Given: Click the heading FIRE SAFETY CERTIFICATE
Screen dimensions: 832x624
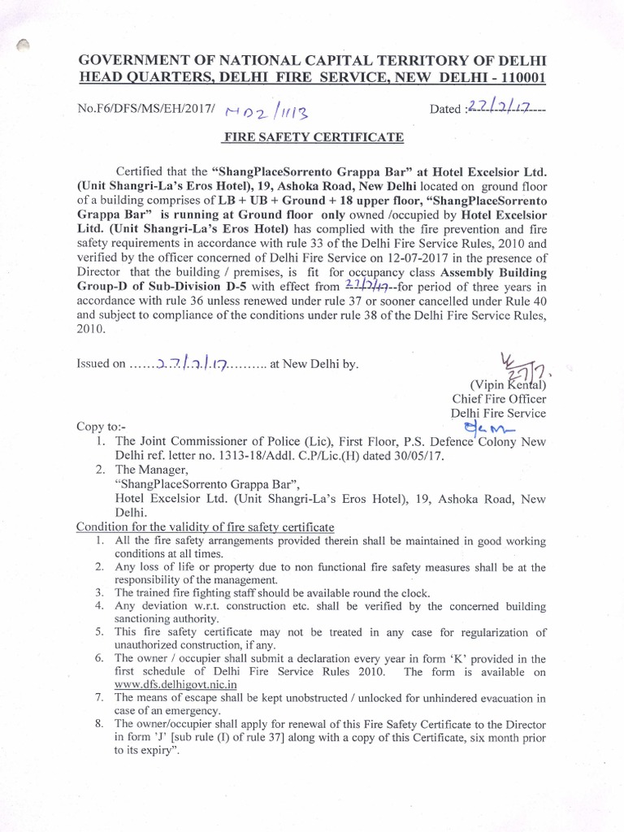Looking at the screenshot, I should pyautogui.click(x=313, y=137).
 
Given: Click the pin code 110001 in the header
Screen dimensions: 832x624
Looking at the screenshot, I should pyautogui.click(x=519, y=77).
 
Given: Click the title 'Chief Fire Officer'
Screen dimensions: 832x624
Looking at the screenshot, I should pyautogui.click(x=500, y=398).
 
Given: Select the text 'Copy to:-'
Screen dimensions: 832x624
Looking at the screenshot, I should pyautogui.click(x=102, y=426).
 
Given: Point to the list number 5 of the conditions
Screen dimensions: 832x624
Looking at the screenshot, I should pyautogui.click(x=98, y=631).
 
